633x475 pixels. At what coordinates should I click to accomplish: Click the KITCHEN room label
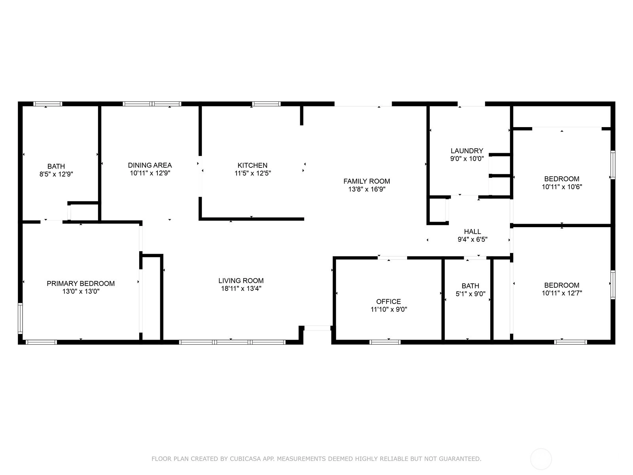[x=252, y=165]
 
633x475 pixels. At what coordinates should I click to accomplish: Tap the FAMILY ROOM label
[x=366, y=181]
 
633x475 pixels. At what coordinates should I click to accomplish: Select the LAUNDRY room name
[x=467, y=150]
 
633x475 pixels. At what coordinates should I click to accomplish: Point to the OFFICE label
[x=389, y=301]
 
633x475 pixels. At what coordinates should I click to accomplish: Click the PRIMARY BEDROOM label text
[x=81, y=283]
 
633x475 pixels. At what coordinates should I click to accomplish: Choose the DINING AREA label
[x=150, y=165]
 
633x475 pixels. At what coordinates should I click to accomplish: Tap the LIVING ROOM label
[x=241, y=281]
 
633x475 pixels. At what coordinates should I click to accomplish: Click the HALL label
[x=472, y=231]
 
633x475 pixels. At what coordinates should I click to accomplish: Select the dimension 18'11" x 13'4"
[x=241, y=289]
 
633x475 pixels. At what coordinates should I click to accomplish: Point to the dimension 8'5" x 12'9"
[x=56, y=174]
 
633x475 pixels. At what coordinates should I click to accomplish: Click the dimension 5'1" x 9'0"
[x=470, y=294]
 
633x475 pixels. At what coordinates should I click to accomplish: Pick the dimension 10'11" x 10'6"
[x=562, y=186]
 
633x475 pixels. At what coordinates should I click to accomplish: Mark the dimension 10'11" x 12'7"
[x=562, y=293]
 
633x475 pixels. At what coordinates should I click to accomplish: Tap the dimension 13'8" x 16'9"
[x=367, y=189]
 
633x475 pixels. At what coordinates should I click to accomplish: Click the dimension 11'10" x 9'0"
[x=389, y=310]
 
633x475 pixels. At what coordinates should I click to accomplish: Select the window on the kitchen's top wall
[x=266, y=104]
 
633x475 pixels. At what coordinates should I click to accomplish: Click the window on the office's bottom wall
[x=385, y=342]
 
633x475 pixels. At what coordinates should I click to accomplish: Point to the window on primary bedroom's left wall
[x=20, y=318]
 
